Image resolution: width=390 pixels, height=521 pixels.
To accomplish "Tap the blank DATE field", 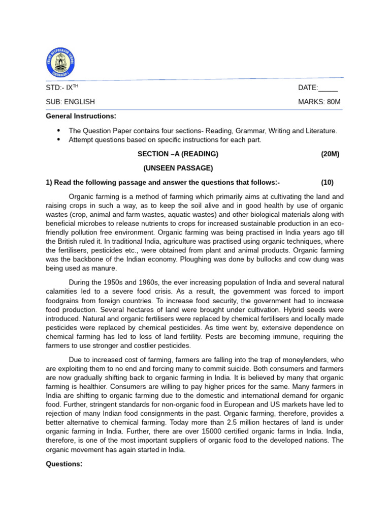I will point(328,88).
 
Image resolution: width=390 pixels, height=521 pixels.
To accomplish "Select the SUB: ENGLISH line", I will point(70,102).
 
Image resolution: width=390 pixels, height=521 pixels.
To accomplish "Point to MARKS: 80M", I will point(319,102).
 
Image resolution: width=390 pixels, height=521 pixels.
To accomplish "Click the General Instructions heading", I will point(81,116).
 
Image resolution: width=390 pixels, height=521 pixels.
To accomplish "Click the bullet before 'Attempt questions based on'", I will point(59,139).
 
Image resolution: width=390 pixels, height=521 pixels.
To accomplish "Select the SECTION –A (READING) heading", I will point(178,154).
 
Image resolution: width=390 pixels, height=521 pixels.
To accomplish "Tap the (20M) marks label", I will point(330,154).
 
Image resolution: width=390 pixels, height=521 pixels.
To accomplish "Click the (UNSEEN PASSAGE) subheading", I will point(178,168).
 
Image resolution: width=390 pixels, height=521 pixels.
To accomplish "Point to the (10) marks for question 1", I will point(328,183).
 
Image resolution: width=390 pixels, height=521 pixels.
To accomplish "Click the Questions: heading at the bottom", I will point(64,464).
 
